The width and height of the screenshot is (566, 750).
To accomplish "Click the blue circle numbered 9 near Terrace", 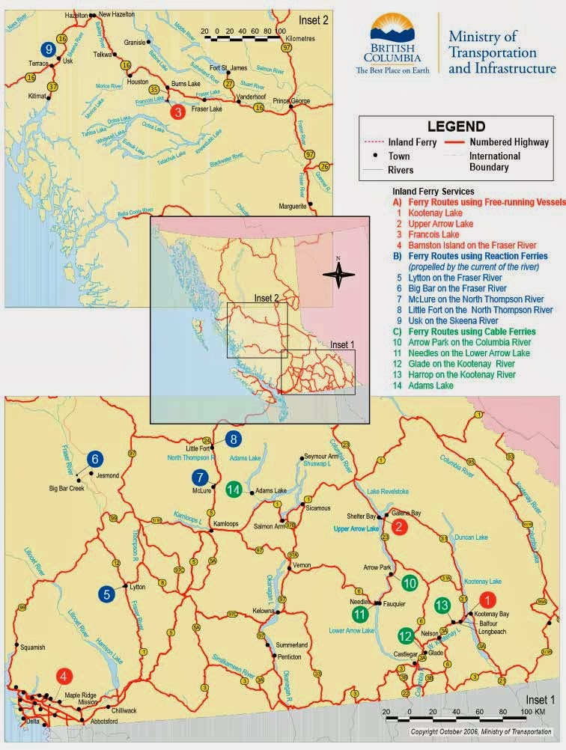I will coord(50,49).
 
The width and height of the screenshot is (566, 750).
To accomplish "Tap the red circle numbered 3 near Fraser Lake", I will coord(177,112).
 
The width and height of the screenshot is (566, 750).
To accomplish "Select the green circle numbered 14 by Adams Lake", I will coord(234,490).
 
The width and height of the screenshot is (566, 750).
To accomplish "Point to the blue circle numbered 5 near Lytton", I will coord(108,594).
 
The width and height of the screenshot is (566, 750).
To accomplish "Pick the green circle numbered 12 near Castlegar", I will coord(406,636).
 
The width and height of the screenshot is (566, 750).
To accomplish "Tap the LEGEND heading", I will coord(456,126).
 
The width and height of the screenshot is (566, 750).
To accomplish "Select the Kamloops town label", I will coord(227,524).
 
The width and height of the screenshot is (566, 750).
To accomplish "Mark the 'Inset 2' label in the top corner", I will coord(313,19).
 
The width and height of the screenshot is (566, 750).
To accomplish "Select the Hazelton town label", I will coord(76,14).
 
